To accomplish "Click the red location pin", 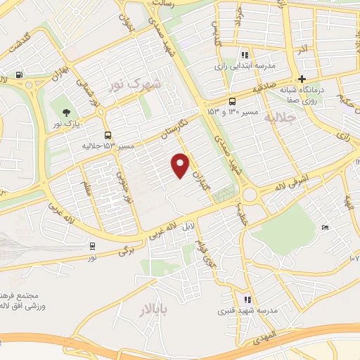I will pos(181,165).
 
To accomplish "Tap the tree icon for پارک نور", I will pos(66,113).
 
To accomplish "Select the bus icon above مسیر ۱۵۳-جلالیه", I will pos(107,136).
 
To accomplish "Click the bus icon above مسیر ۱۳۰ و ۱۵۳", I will pos(232,101).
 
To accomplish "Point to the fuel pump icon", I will pos(18,76).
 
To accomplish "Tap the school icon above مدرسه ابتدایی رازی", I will pos(245,55).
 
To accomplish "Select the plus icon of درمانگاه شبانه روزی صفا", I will pos(302,79).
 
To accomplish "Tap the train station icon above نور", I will pos(92,245).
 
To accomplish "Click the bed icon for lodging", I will pos(323,228).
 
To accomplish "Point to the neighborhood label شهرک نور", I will pos(136,85).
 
